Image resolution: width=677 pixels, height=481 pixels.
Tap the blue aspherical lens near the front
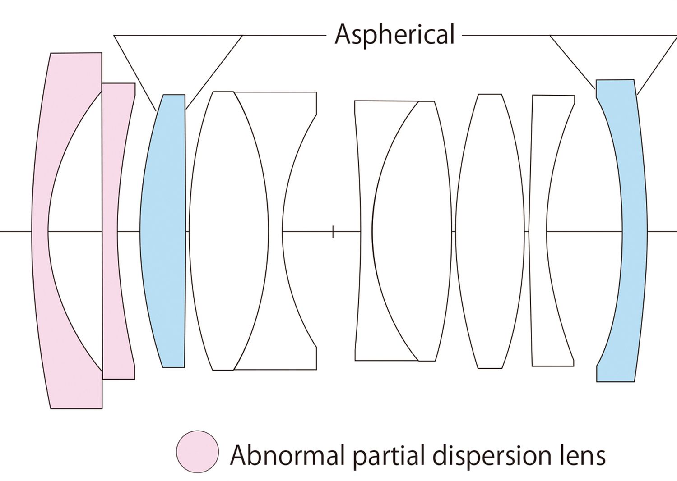[163, 231]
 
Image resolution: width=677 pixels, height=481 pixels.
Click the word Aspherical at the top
[394, 35]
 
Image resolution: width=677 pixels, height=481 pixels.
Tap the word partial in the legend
[393, 454]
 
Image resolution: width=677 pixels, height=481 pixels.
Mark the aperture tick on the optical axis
[333, 232]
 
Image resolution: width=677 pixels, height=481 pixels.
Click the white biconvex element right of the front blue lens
[228, 231]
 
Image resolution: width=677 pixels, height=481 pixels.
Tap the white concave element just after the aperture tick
[366, 231]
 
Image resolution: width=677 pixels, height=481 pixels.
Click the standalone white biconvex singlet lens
[490, 231]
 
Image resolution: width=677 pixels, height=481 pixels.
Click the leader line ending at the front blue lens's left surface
[135, 73]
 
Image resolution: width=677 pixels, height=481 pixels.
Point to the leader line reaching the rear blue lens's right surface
[658, 64]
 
